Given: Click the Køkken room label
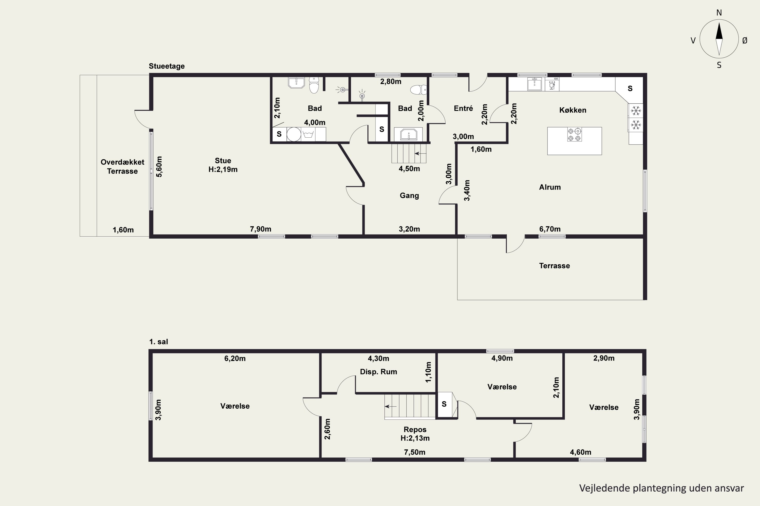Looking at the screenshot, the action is coord(573,110).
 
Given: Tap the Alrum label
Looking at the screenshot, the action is coord(550,187).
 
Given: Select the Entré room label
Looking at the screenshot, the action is coord(463,109).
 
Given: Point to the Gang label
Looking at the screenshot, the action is coord(409,196).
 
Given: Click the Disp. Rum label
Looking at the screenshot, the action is coord(378,372).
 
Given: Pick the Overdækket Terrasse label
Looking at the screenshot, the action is coord(122,166).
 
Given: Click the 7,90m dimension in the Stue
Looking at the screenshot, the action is coord(260,229).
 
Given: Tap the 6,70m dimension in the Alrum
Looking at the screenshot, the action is coord(550,229).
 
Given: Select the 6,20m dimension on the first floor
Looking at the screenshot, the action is coord(235,359).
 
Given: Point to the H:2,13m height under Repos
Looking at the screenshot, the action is coord(415,438).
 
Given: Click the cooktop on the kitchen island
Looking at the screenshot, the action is coord(575,135).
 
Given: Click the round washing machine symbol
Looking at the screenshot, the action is coord(294,134).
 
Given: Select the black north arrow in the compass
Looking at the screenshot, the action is coord(719,31).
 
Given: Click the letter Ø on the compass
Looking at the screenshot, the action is coord(745,40).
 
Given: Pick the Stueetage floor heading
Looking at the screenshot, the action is coord(167,66).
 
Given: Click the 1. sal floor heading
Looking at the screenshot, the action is coord(158,342).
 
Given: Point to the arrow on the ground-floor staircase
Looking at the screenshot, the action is coord(420,154).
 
